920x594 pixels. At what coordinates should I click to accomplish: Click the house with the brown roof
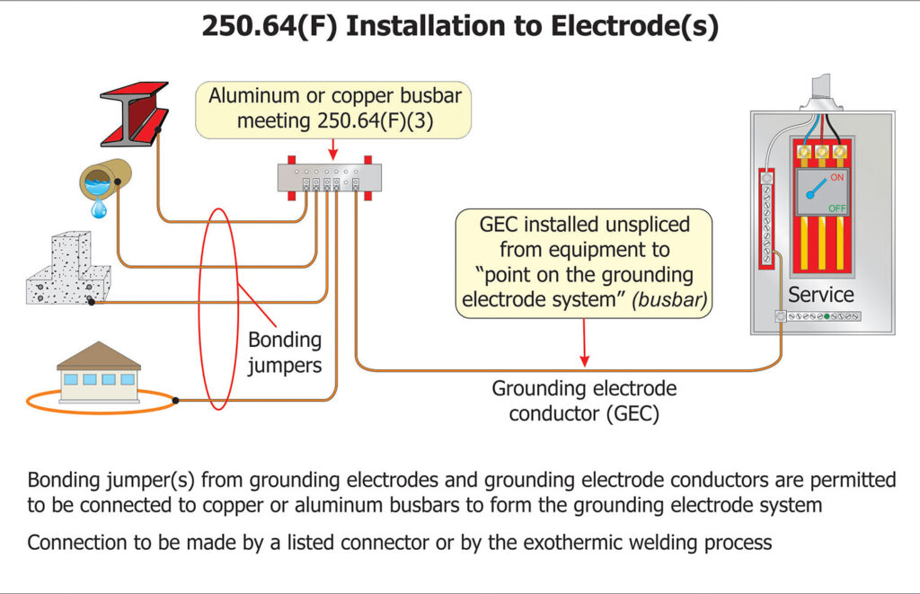tap(99, 372)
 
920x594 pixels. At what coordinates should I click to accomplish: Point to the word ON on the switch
tap(836, 178)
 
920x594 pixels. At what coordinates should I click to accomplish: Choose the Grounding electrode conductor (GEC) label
tap(583, 401)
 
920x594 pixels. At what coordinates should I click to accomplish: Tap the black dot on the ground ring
tap(175, 400)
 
